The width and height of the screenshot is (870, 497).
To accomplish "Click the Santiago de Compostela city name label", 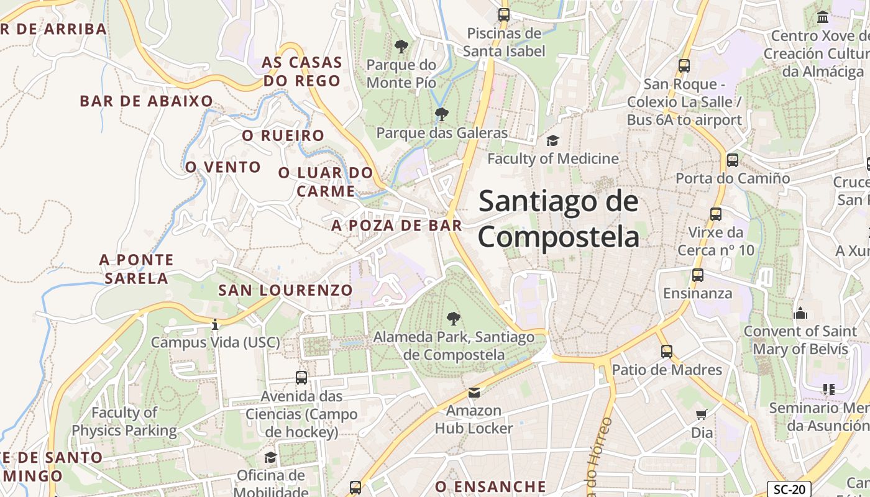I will tap(558, 219).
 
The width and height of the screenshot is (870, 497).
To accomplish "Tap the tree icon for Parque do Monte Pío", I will tap(401, 46).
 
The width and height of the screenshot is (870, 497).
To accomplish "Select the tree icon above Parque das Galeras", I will tap(442, 114).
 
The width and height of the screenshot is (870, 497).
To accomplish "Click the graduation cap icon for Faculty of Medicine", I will tap(552, 140).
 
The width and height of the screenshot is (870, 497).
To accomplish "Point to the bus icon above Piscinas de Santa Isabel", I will tap(503, 14).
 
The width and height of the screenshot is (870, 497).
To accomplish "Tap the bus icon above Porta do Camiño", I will tap(733, 160).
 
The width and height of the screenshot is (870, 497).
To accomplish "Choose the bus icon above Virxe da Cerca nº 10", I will tap(716, 214).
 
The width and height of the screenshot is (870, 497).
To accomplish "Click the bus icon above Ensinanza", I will tap(698, 275).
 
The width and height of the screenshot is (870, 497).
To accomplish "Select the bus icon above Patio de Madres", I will tap(667, 352).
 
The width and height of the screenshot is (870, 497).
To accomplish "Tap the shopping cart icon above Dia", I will tap(702, 414).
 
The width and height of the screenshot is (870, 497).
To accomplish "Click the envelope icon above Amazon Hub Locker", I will tap(474, 392).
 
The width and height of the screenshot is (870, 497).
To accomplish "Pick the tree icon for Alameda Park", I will tap(454, 319).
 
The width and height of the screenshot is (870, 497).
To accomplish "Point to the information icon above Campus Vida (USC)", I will tap(215, 324).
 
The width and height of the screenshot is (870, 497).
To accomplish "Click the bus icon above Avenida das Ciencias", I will tap(301, 377).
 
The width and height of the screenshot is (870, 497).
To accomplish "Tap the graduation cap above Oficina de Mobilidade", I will tap(270, 458).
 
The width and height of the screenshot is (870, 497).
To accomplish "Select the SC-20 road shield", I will tap(789, 489).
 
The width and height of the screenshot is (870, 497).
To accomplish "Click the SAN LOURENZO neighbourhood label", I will tap(285, 290).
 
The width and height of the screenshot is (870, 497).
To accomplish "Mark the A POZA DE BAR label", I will tap(396, 226).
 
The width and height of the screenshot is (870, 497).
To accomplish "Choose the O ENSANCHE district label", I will tap(490, 486).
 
